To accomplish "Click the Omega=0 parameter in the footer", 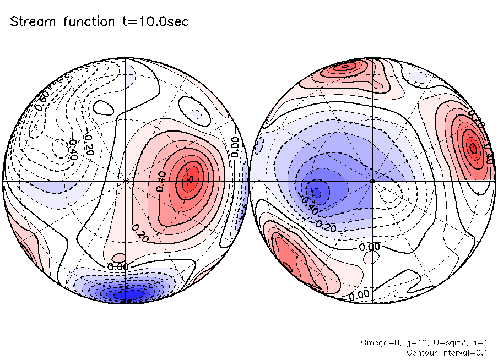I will pos(378,342).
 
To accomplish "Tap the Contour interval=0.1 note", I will pos(446,352).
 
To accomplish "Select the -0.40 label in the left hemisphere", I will pos(72,143).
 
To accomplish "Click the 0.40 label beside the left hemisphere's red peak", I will pos(161,181).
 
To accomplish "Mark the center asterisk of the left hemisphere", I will pos(126,181).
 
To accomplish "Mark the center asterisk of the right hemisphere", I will pos(373,181).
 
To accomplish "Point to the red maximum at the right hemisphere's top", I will pos(345,67).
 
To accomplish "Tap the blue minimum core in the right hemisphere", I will pos(317,192).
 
